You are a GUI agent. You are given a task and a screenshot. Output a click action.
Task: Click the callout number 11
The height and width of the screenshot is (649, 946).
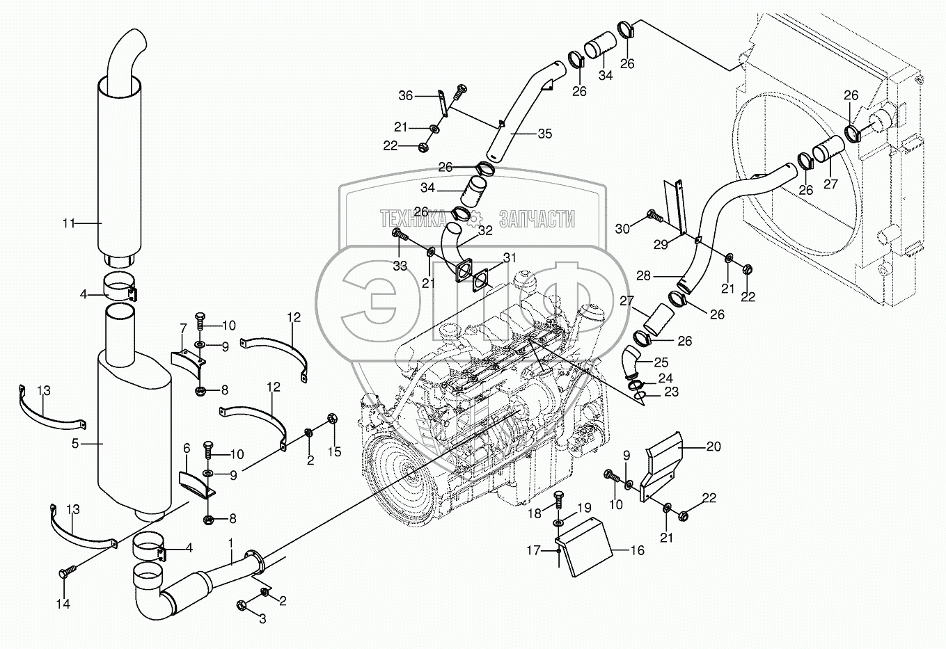pyautogui.click(x=68, y=223)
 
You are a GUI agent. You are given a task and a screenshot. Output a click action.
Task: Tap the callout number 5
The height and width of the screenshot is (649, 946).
pyautogui.click(x=74, y=443)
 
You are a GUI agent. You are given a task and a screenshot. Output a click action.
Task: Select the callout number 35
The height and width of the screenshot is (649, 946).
pyautogui.click(x=545, y=134)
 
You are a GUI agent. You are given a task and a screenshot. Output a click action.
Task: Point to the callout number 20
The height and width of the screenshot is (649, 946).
pyautogui.click(x=714, y=447)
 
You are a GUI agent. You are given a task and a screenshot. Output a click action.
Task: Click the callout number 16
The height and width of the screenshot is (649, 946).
pyautogui.click(x=636, y=550)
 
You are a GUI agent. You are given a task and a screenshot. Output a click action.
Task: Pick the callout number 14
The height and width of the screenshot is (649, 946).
pyautogui.click(x=63, y=604)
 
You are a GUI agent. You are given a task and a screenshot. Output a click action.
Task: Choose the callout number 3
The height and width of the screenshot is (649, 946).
pyautogui.click(x=262, y=618)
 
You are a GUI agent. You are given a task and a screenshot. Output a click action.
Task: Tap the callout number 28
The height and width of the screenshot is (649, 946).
pyautogui.click(x=643, y=276)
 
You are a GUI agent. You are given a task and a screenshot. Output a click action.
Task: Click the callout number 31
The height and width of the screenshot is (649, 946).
pyautogui.click(x=510, y=257)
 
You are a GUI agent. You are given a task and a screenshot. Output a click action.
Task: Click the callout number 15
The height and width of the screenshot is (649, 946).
pyautogui.click(x=335, y=453)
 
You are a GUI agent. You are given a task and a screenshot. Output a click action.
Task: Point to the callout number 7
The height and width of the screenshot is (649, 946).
pyautogui.click(x=183, y=327)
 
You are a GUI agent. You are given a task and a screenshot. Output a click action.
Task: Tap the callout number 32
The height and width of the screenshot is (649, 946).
pyautogui.click(x=485, y=229)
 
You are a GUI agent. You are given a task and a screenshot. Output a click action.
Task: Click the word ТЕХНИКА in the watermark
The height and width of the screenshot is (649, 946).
pyautogui.click(x=413, y=221)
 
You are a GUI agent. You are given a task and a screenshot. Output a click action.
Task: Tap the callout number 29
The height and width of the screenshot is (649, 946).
pyautogui.click(x=660, y=244)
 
